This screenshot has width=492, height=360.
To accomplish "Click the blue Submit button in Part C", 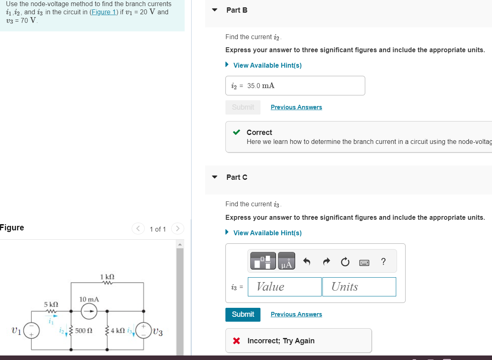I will point(243,314).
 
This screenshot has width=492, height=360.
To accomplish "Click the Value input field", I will point(285,287).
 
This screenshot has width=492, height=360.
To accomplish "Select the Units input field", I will point(359,287).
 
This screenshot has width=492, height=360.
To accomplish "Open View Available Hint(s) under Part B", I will point(267,65).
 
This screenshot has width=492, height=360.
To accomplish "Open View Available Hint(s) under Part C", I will point(267,233).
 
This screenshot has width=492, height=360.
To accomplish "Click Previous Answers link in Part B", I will point(296,107).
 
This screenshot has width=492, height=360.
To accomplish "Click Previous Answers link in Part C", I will point(296,314).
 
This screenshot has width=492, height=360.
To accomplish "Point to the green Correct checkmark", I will point(236,133).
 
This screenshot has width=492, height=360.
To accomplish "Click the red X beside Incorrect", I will point(236,341).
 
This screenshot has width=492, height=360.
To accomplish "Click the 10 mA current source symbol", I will point(89,312).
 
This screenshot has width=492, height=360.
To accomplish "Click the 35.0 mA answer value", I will point(261,86).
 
